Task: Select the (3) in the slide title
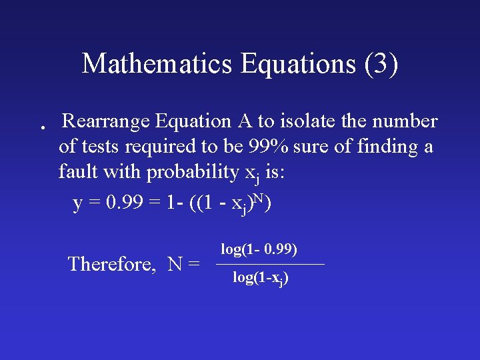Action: [x=381, y=64]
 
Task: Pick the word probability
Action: [x=192, y=173]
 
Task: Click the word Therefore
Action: [x=111, y=264]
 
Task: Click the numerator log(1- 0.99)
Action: [x=259, y=249]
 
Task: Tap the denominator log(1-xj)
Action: [x=260, y=278]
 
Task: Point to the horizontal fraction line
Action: [x=270, y=265]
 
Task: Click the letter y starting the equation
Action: [x=77, y=205]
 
